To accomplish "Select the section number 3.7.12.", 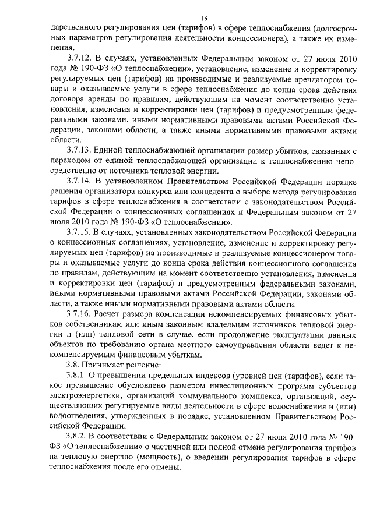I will pyautogui.click(x=82, y=59).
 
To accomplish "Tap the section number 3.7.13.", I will pyautogui.click(x=82, y=150).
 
